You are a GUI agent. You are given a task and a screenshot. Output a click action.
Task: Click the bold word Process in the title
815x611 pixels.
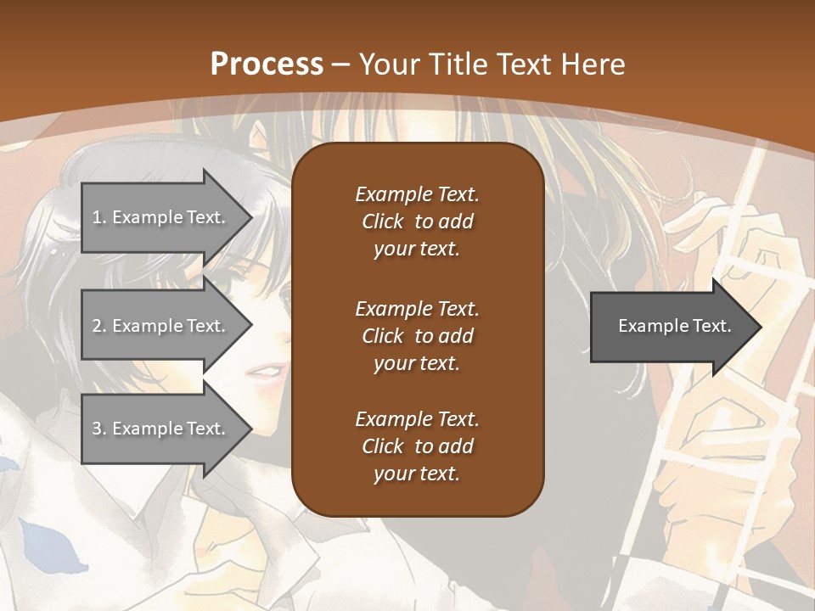coord(267,64)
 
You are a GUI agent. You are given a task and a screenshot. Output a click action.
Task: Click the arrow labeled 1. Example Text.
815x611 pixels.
coord(161,217)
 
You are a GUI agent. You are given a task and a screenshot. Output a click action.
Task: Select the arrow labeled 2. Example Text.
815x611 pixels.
coord(161,326)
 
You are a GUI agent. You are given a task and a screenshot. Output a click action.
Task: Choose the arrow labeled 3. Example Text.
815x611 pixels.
coord(161,429)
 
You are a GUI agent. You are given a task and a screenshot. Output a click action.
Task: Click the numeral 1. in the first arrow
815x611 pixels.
coord(99,217)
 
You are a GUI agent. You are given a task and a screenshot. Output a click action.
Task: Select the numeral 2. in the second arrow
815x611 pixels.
coord(99,326)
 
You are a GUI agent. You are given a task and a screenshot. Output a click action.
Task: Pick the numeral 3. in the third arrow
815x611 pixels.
coord(99,429)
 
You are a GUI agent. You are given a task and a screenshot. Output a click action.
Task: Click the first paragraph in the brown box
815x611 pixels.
coord(417,221)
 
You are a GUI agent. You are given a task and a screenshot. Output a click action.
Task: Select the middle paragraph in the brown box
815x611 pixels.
coord(417,335)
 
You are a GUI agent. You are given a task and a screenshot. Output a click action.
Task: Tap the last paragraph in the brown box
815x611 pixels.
coord(417,446)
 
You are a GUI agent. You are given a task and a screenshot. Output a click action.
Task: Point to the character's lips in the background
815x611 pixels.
coord(267,372)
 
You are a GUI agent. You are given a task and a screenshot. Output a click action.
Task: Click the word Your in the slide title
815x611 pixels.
coord(391,64)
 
